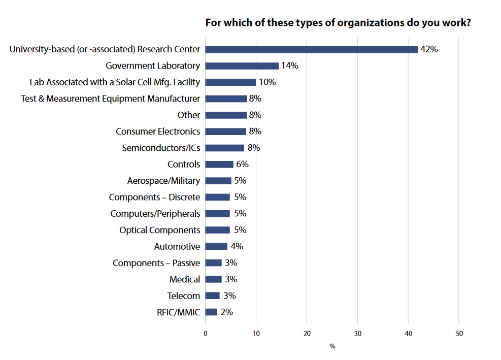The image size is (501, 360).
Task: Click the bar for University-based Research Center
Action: coord(311,49)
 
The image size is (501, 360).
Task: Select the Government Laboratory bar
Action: coord(242,66)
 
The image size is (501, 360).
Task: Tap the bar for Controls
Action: coord(219,164)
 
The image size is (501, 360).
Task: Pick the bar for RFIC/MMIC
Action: coord(211,312)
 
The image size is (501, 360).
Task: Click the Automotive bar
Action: coord(216,246)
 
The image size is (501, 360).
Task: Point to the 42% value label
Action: coord(429,49)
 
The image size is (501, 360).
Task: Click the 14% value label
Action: coord(290,66)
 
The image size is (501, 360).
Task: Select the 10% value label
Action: coord(267,82)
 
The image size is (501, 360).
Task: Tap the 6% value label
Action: coord(242,164)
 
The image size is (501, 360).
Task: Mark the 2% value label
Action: coord(226,312)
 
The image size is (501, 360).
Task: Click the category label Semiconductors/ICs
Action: coord(161,148)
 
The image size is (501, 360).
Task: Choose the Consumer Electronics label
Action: coord(158,132)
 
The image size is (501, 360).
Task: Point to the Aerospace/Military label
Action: coord(163,181)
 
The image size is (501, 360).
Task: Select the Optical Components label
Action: coord(160,230)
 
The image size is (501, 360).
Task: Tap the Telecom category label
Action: coord(184,296)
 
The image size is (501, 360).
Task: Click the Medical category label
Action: coord(185,279)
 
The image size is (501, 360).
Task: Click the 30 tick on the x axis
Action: coord(357,334)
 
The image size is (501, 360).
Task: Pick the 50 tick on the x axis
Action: coord(459,334)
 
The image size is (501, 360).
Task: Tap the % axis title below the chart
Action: coord(332,346)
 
